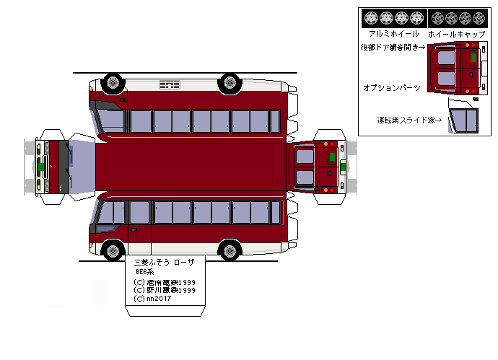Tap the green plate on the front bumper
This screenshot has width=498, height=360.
(x=43, y=167)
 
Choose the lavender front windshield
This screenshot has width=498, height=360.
(x=82, y=167)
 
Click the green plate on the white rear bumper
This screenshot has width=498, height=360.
(x=344, y=167)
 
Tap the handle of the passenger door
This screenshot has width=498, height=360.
(x=134, y=230)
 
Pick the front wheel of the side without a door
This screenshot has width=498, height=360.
(x=113, y=82)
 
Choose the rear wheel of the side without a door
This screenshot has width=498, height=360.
(x=230, y=82)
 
